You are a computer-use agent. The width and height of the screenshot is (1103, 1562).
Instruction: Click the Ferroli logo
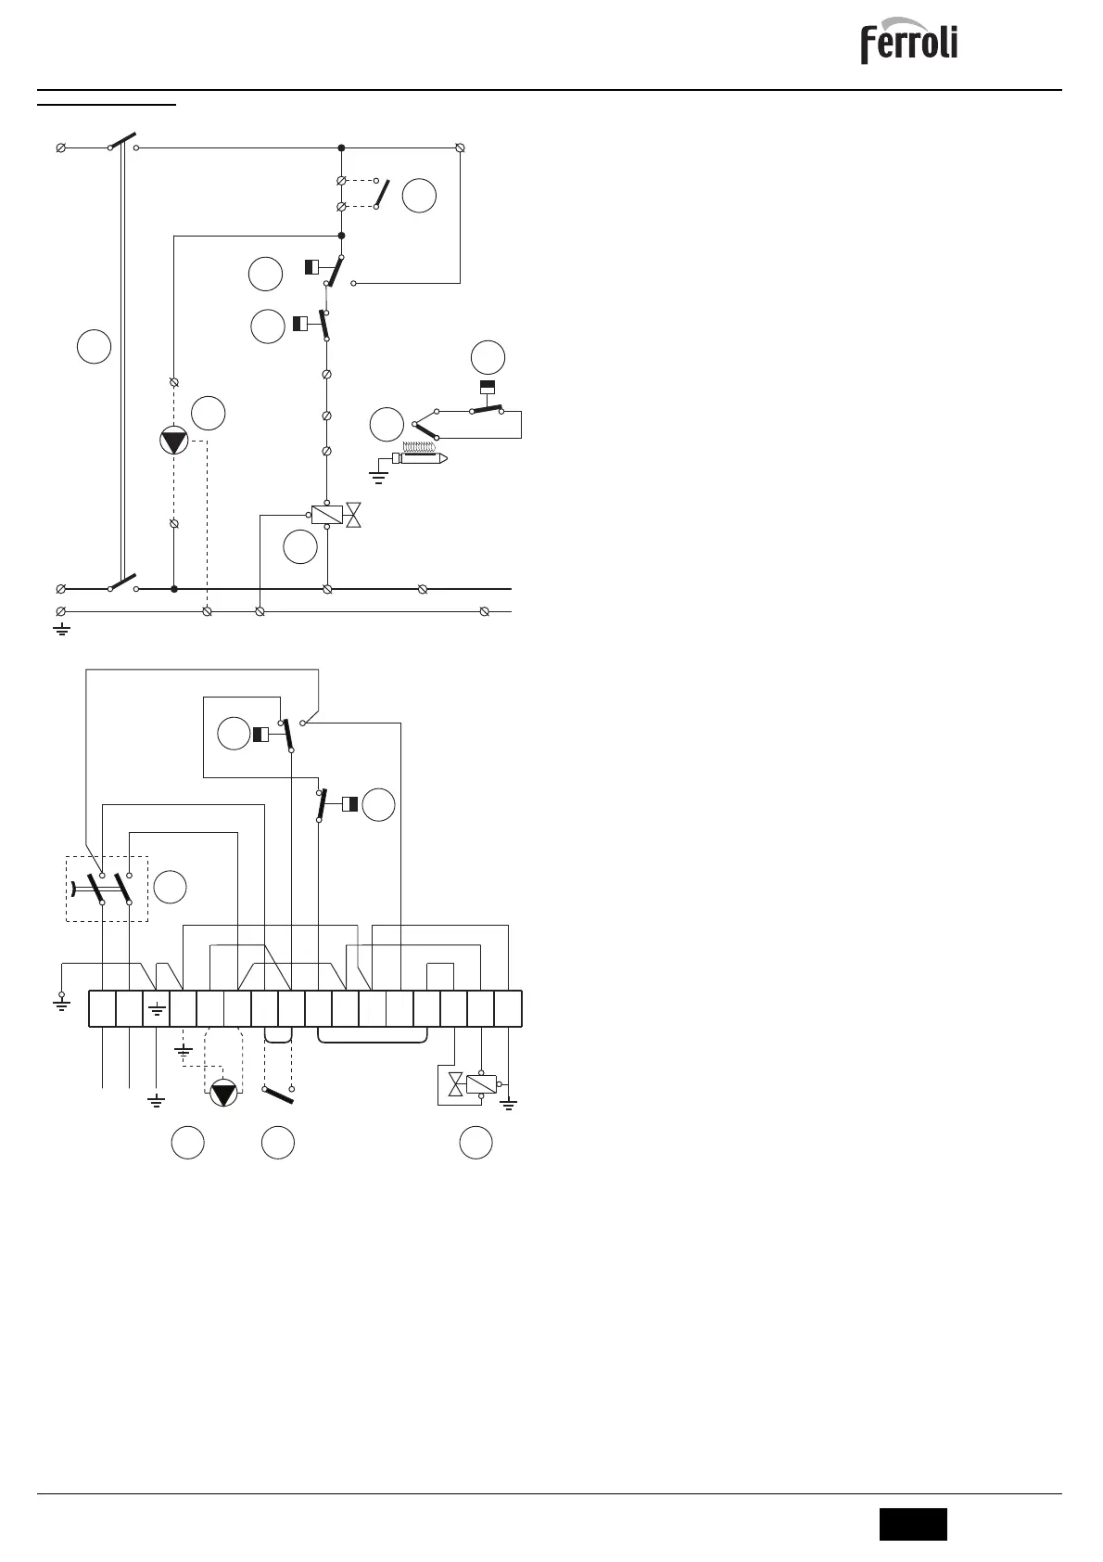coord(908,44)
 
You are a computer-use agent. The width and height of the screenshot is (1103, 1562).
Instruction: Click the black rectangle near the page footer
coord(913,1524)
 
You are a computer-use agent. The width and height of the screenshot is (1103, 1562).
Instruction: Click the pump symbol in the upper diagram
coord(174,442)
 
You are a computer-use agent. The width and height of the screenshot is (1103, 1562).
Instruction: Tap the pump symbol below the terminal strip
coord(223,1093)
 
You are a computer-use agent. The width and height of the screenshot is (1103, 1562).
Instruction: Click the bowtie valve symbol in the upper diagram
coord(352,516)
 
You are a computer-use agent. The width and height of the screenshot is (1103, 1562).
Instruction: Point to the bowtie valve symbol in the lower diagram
coord(455,1084)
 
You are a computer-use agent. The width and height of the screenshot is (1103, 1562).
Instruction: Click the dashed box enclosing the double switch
coord(107,889)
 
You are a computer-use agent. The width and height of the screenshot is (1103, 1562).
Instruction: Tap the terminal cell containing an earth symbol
coord(156,1008)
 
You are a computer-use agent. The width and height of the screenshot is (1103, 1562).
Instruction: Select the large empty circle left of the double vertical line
coord(95,346)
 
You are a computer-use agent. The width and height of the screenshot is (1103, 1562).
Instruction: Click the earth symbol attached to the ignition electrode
coord(378,477)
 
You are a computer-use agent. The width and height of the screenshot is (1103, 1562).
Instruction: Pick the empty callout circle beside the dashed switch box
coord(170,887)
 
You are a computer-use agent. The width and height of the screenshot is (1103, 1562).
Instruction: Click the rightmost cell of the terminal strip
coord(508,1008)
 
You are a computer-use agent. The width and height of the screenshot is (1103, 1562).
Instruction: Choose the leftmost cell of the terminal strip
coord(101,1008)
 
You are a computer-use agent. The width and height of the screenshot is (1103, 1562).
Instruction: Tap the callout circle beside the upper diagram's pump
coord(209,413)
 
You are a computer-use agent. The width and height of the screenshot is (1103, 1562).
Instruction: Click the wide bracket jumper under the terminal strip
coord(373,1037)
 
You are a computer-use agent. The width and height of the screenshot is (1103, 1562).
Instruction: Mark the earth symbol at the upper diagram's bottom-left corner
coord(61,630)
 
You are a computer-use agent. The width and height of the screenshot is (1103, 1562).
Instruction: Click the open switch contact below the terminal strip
coord(278,1094)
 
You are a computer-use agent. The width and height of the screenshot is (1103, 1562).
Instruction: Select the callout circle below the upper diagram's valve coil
coord(300,547)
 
